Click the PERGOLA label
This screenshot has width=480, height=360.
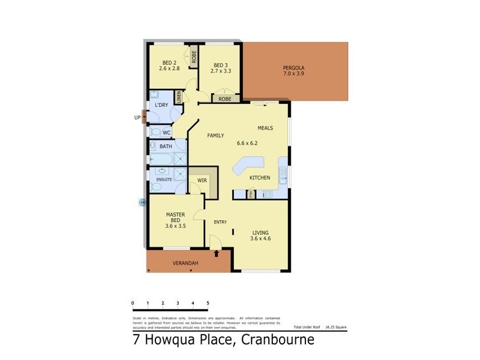[x=294, y=68]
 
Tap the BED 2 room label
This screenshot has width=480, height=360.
[x=169, y=63]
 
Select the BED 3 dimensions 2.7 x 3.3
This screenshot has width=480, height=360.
[x=221, y=71]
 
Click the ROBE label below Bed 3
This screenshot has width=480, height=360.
[x=225, y=99]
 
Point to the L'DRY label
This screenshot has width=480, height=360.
[x=161, y=106]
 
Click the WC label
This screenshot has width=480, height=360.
[x=166, y=132]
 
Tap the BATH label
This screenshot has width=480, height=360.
[x=166, y=146]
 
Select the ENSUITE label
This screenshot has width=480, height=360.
[x=164, y=179]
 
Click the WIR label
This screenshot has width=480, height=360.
[x=202, y=180]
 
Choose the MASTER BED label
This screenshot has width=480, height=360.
[x=175, y=217]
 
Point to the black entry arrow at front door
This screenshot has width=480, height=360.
[x=217, y=253]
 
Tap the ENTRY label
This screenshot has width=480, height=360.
[x=220, y=222]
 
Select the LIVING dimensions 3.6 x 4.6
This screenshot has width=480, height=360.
[x=260, y=239]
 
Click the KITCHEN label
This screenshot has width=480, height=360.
[x=260, y=178]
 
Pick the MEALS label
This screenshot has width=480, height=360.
[x=265, y=128]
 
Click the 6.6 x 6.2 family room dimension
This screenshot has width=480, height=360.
[x=247, y=143]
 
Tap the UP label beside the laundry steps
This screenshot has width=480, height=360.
[x=137, y=118]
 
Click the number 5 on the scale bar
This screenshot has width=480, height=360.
[x=208, y=303]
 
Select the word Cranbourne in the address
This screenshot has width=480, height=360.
[x=278, y=341]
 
